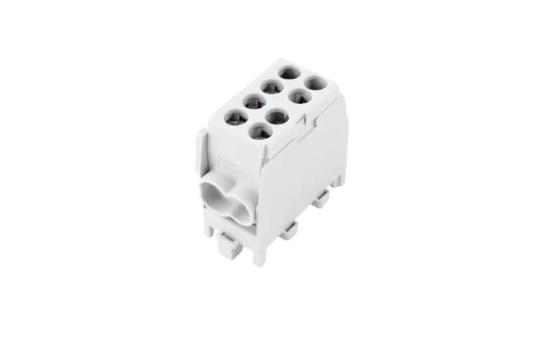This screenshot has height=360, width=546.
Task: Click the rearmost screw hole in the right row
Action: pyautogui.click(x=315, y=85)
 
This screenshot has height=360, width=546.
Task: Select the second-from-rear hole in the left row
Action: pyautogui.click(x=270, y=87)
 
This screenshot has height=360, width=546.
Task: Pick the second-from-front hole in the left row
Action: pyautogui.click(x=252, y=102)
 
